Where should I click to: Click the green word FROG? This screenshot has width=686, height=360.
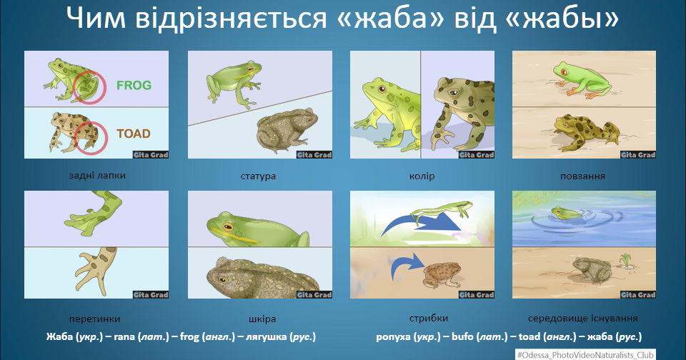tap(134, 85)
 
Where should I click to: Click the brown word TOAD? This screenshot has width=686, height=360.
tap(134, 134)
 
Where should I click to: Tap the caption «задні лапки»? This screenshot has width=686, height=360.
tap(97, 176)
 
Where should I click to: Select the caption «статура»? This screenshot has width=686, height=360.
tap(258, 176)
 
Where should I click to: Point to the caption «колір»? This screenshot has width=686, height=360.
tap(422, 176)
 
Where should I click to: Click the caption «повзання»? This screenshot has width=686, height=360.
tap(583, 176)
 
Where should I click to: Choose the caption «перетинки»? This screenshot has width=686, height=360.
tap(94, 319)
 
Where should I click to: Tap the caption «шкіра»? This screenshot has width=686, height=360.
tap(262, 319)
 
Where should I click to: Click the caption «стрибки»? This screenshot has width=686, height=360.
tap(429, 319)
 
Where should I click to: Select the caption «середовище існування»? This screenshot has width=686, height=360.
tap(583, 319)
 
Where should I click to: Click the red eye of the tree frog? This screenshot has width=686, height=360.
tap(564, 71)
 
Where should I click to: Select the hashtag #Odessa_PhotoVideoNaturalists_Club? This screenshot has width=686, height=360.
tap(585, 355)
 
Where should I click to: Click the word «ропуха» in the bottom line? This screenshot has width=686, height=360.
tap(393, 337)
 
